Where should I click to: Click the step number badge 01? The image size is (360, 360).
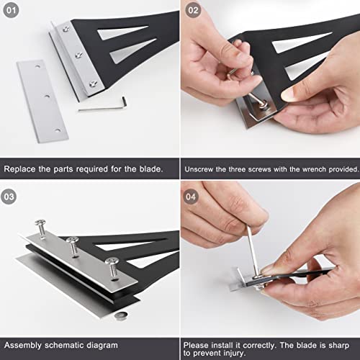point(11,10)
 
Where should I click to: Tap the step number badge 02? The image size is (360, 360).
point(193,10)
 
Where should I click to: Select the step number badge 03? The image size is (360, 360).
point(9,197)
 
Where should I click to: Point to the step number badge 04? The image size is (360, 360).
point(191,197)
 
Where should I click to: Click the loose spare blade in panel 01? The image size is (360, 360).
point(42,102)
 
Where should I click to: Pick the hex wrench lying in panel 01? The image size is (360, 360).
point(103,106)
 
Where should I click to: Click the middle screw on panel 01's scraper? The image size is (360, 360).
point(78,55)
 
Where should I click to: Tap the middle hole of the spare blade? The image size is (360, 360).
point(47,96)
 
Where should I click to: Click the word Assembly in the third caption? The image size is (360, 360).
point(23,346)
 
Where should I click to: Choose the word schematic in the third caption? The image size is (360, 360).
point(64,345)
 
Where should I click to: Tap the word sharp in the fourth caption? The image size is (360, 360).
point(338,346)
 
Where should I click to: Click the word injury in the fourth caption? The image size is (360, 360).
point(233,354)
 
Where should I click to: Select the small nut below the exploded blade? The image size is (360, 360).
point(121,315)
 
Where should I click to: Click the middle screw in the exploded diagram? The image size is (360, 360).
point(73,246)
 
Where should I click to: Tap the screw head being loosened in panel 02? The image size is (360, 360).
point(264,104)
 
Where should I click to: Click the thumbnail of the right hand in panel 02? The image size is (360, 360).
point(290,94)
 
